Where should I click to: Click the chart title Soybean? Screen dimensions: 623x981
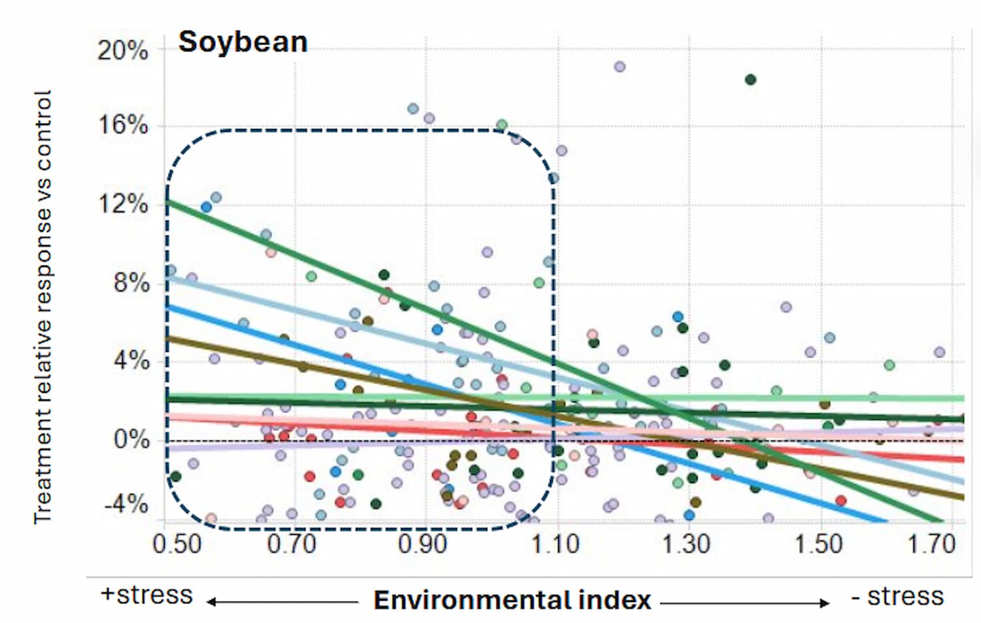tap(243, 42)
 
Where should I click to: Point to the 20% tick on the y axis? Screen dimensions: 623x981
tap(122, 50)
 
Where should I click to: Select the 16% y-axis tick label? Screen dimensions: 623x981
tap(122, 125)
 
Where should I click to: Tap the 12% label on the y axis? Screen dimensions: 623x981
tap(122, 204)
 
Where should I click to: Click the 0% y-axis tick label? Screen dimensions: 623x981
tap(131, 439)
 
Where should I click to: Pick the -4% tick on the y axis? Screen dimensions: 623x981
tap(126, 505)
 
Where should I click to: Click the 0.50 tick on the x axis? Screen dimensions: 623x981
tap(177, 544)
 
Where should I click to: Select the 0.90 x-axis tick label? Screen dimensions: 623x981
tap(423, 544)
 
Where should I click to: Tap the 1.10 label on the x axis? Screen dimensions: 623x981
tap(555, 544)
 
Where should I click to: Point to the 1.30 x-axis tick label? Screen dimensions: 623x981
tap(685, 544)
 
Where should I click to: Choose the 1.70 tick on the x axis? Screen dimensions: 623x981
tap(931, 544)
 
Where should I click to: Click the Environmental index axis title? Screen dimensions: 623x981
tap(512, 600)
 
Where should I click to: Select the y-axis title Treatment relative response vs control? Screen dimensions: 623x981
tap(43, 307)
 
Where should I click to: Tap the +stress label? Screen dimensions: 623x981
tap(146, 595)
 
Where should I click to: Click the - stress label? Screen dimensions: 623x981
tap(897, 596)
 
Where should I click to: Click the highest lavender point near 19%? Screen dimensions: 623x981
tap(619, 67)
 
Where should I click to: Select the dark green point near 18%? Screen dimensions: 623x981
tap(751, 80)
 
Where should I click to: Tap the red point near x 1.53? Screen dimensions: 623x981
tap(841, 501)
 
